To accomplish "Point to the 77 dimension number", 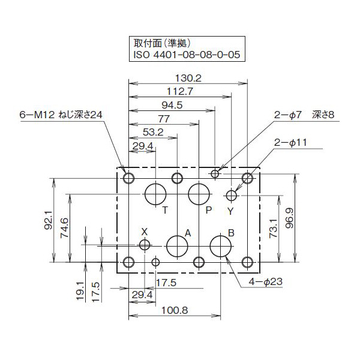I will point(164,119).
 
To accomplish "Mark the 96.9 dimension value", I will point(306,218).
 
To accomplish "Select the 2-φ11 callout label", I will point(290,142).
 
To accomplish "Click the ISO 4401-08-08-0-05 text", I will point(186,55).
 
